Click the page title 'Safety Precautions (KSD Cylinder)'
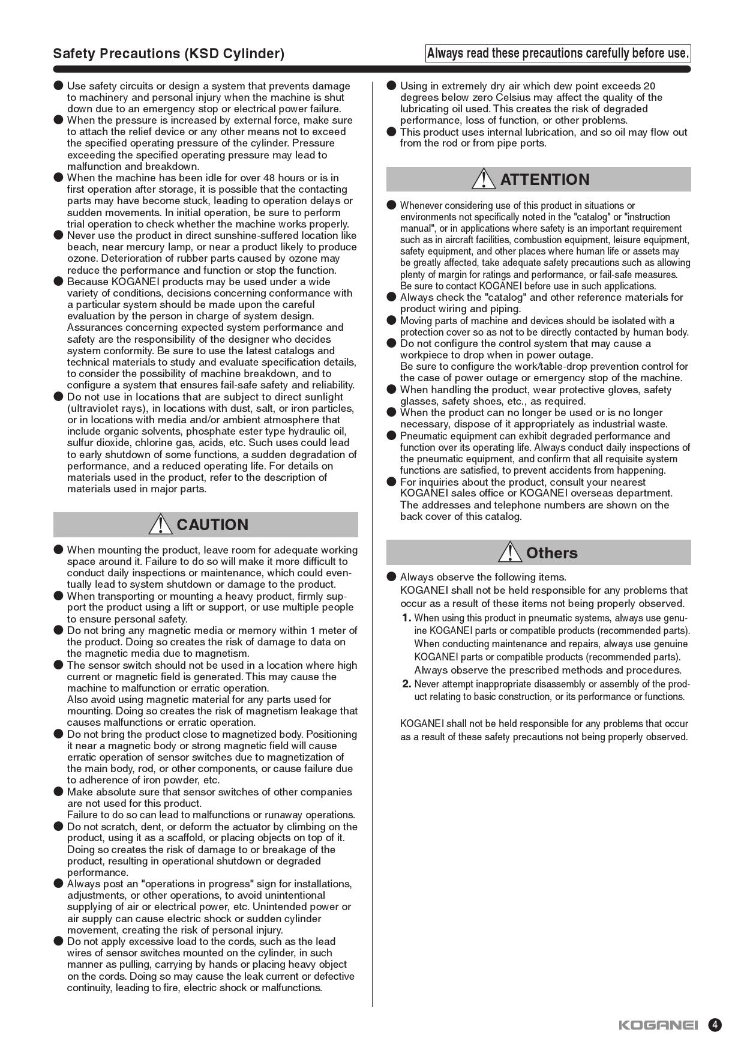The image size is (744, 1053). point(169,53)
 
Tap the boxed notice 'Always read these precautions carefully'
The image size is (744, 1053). point(558,53)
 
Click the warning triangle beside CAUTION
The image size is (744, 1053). point(160,524)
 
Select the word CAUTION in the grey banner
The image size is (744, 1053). point(212,525)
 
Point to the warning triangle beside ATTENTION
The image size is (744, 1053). point(484,179)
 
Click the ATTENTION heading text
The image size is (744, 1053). point(545,180)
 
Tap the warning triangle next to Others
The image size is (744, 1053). point(510,552)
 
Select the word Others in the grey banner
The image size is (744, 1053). point(552,553)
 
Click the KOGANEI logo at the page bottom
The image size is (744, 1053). point(658,1025)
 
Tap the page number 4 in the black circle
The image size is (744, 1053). point(715,1025)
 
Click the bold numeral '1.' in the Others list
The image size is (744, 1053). point(407,618)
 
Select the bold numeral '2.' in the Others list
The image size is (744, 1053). point(407,684)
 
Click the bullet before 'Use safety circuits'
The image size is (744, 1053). point(58,85)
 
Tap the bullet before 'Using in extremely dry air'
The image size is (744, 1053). point(392,85)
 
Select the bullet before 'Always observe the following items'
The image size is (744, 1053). point(392,577)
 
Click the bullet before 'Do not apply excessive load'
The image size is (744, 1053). point(58,941)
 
